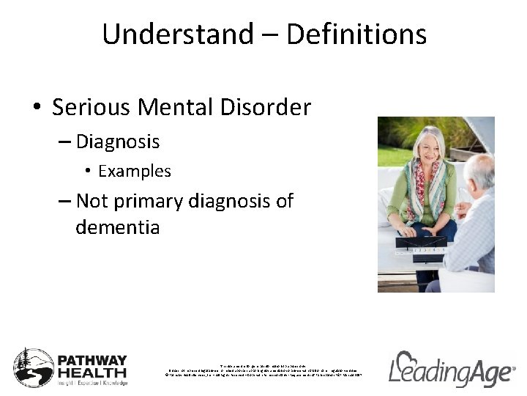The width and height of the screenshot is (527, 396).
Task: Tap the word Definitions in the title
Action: (356, 34)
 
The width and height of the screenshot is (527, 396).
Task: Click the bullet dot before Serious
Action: (37, 109)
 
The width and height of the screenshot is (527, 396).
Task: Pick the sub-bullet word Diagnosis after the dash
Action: (118, 141)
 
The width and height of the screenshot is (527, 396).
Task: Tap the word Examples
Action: (135, 171)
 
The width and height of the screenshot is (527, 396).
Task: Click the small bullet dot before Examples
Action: (87, 172)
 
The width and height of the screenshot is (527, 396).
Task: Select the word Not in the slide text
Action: (91, 201)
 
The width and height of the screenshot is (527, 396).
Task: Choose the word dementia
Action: (117, 227)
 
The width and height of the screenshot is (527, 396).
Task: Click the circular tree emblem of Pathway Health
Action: (34, 367)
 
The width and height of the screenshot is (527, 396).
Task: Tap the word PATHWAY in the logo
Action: (92, 362)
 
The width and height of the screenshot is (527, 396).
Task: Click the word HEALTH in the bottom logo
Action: (92, 373)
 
